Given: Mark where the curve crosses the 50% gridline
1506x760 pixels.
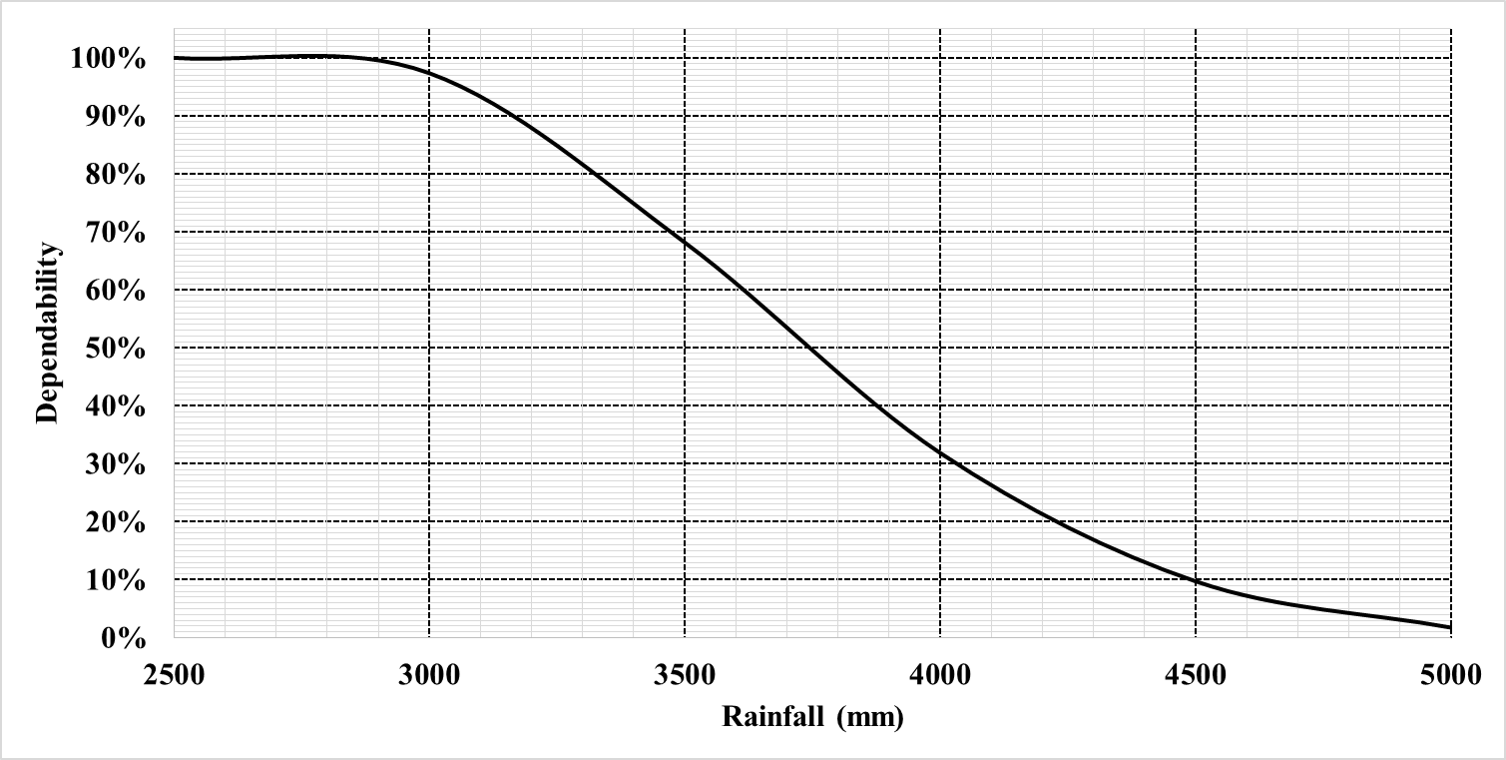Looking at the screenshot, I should (x=808, y=348).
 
